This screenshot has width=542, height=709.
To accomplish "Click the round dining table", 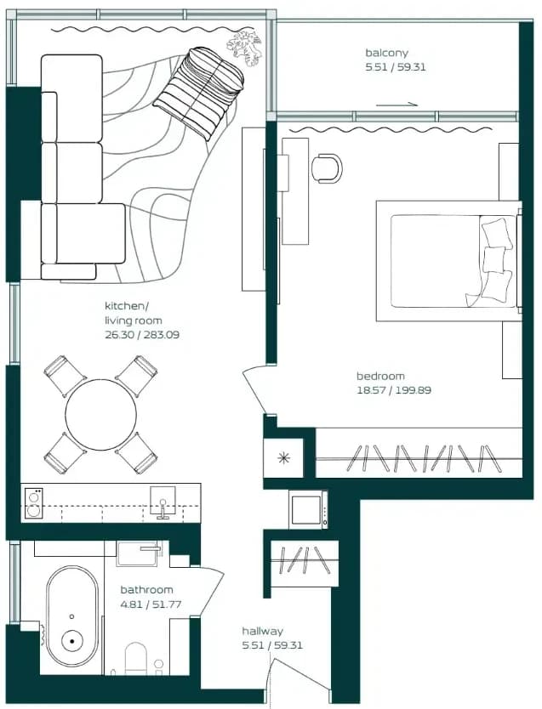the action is pyautogui.click(x=100, y=415).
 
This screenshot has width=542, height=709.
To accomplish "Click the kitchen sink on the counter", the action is pyautogui.click(x=163, y=502).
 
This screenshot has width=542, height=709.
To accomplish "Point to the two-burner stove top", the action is pyautogui.click(x=33, y=503).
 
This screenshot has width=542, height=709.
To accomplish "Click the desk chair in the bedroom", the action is pyautogui.click(x=327, y=168).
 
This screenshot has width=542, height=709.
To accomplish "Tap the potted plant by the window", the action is pyautogui.click(x=245, y=48).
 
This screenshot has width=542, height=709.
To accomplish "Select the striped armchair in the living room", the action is pyautogui.click(x=199, y=93).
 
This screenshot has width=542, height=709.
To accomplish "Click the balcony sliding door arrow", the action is pyautogui.click(x=397, y=105).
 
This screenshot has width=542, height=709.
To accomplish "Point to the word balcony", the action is pyautogui.click(x=386, y=53).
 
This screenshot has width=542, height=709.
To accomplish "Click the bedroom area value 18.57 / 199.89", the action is pyautogui.click(x=394, y=390).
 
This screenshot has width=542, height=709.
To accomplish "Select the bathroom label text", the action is pyautogui.click(x=146, y=590).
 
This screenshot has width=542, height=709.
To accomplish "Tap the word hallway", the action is pyautogui.click(x=262, y=632).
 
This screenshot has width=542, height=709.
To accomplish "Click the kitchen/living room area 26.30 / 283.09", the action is pyautogui.click(x=142, y=335).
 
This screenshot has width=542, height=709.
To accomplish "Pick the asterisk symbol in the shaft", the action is pyautogui.click(x=283, y=458).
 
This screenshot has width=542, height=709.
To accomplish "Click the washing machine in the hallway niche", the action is pyautogui.click(x=308, y=509).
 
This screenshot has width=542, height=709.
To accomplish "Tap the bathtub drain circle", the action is pyautogui.click(x=72, y=641).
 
